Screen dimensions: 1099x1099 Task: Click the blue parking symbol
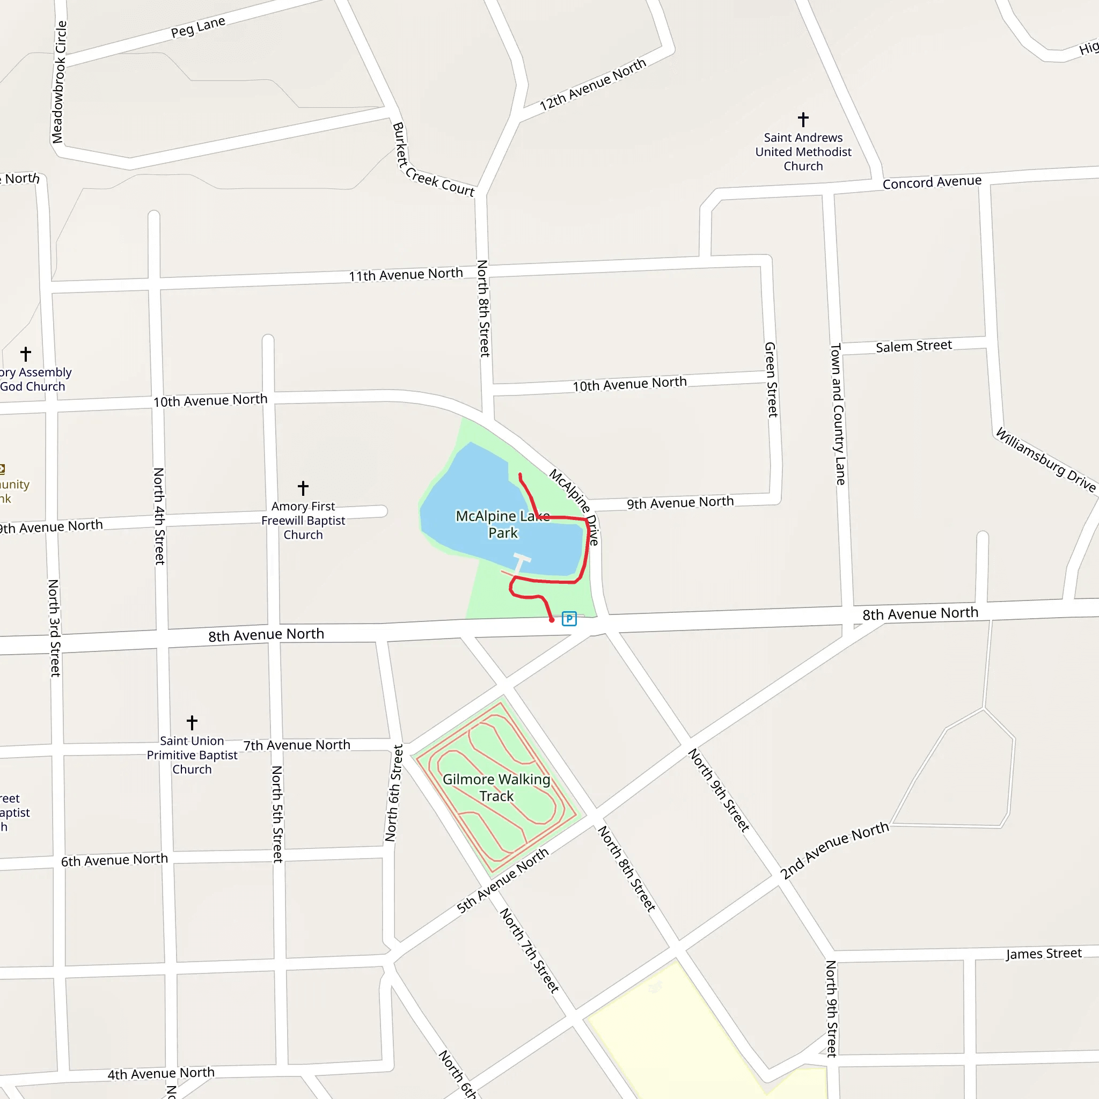(x=569, y=618)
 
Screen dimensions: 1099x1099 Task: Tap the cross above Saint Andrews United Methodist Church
(x=803, y=120)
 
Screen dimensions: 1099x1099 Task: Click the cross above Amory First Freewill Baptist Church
(x=303, y=487)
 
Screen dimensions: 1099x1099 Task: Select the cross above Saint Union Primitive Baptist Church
(x=192, y=722)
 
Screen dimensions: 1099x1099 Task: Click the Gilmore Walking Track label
(x=496, y=787)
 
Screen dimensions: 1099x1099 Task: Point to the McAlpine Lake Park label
(x=503, y=524)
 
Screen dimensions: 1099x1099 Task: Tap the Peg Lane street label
(x=198, y=27)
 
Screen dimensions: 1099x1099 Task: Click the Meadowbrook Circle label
(x=59, y=82)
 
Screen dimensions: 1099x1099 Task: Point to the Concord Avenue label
(x=932, y=182)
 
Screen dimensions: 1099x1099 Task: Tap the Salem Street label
(x=913, y=346)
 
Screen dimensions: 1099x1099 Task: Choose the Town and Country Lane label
(x=838, y=414)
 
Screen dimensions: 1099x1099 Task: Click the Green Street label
(x=771, y=379)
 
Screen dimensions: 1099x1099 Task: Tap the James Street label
(x=1043, y=954)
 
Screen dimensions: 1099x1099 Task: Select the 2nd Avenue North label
(x=834, y=850)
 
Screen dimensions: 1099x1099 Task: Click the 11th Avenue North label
(x=406, y=275)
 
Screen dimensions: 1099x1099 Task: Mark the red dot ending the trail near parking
(x=551, y=620)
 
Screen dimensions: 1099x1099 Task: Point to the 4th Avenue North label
(x=161, y=1073)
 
